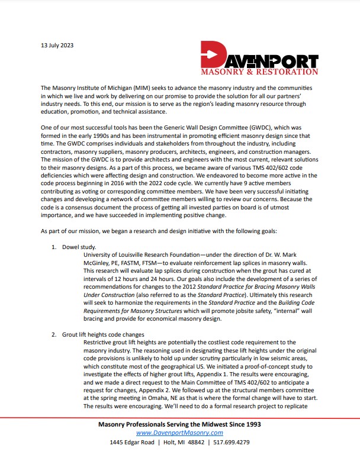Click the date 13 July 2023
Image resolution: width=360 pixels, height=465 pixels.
pos(57,44)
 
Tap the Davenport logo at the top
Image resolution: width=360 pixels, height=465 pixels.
pos(259,58)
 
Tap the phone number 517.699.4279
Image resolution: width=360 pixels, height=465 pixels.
pos(232,443)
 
